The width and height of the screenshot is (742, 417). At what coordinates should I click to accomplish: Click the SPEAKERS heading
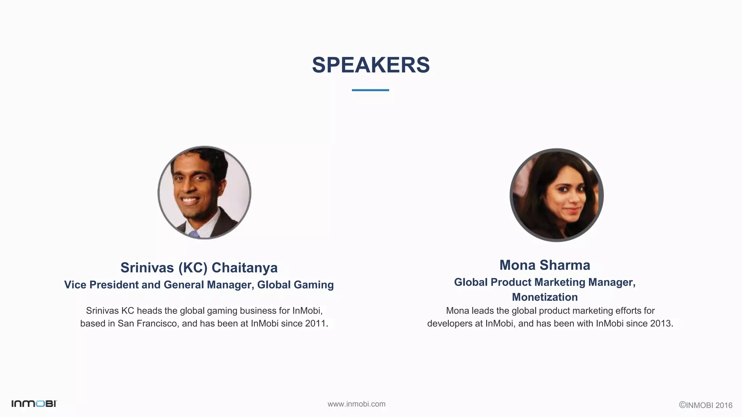pyautogui.click(x=371, y=65)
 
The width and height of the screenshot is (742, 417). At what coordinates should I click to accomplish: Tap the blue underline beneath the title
pyautogui.click(x=370, y=90)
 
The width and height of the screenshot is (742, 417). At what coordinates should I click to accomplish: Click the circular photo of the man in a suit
pyautogui.click(x=204, y=193)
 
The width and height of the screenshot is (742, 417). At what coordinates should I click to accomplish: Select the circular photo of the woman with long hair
pyautogui.click(x=556, y=195)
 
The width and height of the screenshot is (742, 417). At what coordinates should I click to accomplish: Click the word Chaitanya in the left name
pyautogui.click(x=245, y=268)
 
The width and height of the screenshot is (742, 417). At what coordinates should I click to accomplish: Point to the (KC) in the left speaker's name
pyautogui.click(x=193, y=268)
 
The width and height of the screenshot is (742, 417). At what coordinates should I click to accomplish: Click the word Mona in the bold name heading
pyautogui.click(x=517, y=265)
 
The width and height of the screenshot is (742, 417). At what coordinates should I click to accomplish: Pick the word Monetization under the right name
pyautogui.click(x=545, y=297)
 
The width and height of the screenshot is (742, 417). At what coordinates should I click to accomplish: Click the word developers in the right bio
pyautogui.click(x=450, y=323)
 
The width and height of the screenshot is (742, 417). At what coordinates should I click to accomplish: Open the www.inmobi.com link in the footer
pyautogui.click(x=357, y=404)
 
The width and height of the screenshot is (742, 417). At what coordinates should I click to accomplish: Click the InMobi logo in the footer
pyautogui.click(x=34, y=404)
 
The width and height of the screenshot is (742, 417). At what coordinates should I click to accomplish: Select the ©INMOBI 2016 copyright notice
pyautogui.click(x=705, y=405)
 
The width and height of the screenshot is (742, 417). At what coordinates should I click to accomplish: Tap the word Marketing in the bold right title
pyautogui.click(x=560, y=282)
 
